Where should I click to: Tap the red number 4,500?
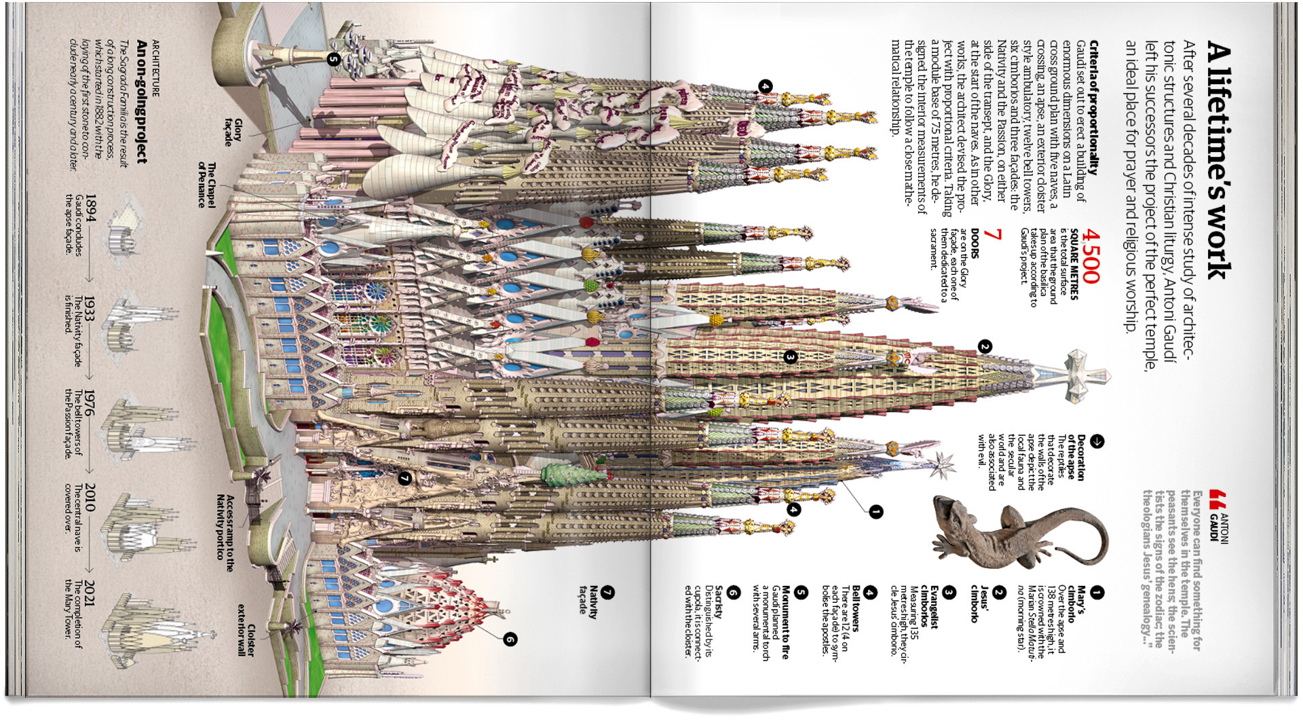point(1091,256)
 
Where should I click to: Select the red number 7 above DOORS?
point(993,234)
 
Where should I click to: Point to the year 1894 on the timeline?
point(91,208)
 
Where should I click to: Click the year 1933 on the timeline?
point(90,307)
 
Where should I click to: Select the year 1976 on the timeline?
point(90,402)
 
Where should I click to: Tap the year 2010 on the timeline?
point(90,497)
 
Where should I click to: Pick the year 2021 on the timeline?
point(90,593)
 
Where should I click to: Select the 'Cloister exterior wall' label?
point(246,629)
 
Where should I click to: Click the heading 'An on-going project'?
point(141,102)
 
